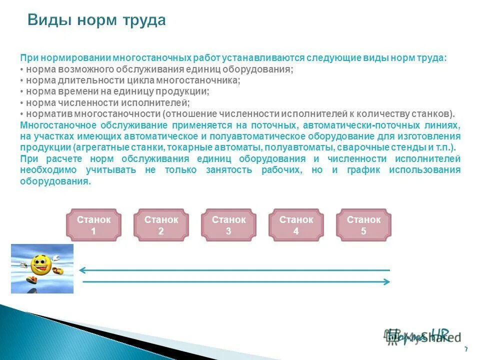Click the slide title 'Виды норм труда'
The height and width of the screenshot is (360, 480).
(x=96, y=20)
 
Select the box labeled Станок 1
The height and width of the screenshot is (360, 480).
(x=93, y=225)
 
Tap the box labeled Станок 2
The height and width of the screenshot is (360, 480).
(x=161, y=225)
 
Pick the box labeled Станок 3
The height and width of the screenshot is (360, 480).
(x=228, y=225)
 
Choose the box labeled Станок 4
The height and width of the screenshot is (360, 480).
(x=296, y=225)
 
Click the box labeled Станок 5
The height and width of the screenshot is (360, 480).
(x=363, y=225)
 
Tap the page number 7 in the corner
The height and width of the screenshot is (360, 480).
(x=466, y=349)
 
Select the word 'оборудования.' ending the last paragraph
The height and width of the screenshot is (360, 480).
(x=55, y=181)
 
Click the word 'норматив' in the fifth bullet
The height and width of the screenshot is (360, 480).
(x=44, y=114)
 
